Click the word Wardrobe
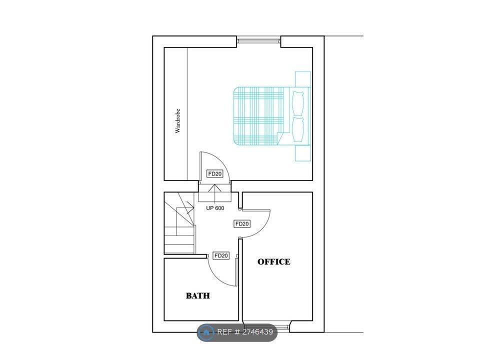(178, 121)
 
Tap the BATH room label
(198, 295)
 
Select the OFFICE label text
(273, 261)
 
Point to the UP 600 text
(215, 208)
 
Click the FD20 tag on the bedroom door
(214, 174)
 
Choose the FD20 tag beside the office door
(242, 224)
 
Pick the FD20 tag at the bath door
(221, 255)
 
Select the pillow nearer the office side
(298, 129)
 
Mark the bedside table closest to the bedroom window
(303, 79)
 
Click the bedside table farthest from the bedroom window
(303, 153)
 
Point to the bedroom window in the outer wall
(258, 40)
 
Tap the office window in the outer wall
(266, 325)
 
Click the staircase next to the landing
(179, 223)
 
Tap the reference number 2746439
(256, 332)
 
